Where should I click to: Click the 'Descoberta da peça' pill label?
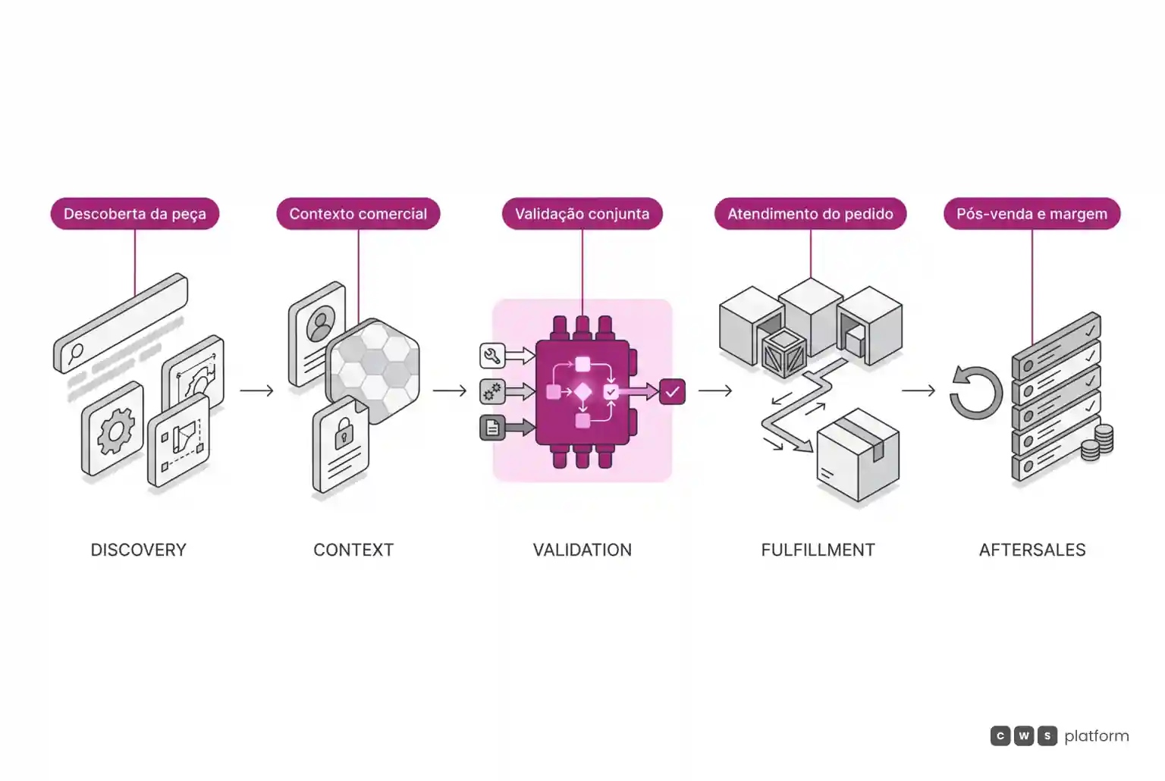(x=135, y=214)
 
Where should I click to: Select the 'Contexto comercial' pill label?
(x=358, y=214)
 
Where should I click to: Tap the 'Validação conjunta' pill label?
(x=582, y=214)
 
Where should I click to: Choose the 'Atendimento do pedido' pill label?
(x=810, y=214)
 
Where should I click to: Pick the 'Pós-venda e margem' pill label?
(x=1032, y=214)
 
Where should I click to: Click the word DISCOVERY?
(x=138, y=550)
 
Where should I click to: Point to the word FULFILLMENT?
(x=818, y=550)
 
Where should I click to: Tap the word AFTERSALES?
(x=1032, y=550)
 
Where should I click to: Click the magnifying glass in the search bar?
(x=75, y=354)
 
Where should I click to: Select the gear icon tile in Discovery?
(x=113, y=429)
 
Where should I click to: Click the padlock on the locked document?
(x=344, y=433)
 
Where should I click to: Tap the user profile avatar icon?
(x=321, y=324)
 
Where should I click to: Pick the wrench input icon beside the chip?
(x=492, y=356)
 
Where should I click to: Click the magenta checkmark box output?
(x=672, y=391)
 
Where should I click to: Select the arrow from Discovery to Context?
(x=257, y=390)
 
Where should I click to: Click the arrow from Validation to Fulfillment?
(x=715, y=390)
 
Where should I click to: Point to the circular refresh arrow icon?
(x=975, y=393)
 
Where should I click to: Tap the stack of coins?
(x=1097, y=443)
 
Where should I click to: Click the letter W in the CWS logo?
(x=1023, y=736)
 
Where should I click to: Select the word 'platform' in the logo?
(x=1097, y=736)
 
